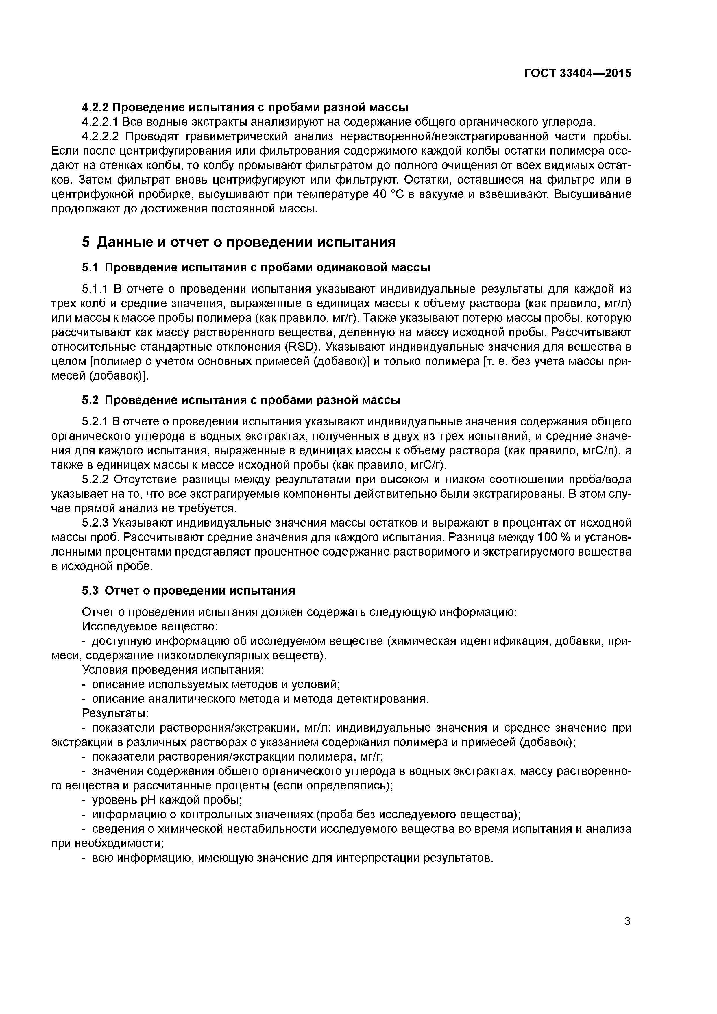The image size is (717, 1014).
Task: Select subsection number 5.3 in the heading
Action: tap(90, 591)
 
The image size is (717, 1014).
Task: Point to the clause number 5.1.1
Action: tap(95, 289)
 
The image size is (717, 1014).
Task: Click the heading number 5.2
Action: tap(90, 401)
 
